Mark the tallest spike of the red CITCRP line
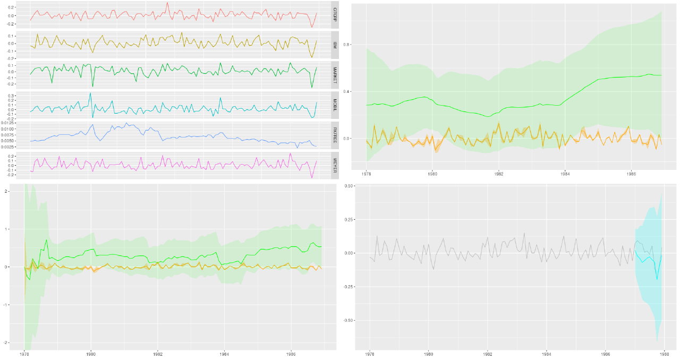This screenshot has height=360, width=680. pyautogui.click(x=167, y=3)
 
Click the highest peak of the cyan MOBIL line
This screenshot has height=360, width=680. pyautogui.click(x=90, y=93)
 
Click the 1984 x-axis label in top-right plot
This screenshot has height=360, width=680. pyautogui.click(x=565, y=174)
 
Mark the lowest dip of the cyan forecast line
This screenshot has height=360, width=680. pyautogui.click(x=657, y=279)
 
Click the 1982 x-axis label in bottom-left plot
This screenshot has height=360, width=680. pyautogui.click(x=157, y=353)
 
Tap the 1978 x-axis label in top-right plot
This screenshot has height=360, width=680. pyautogui.click(x=367, y=174)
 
